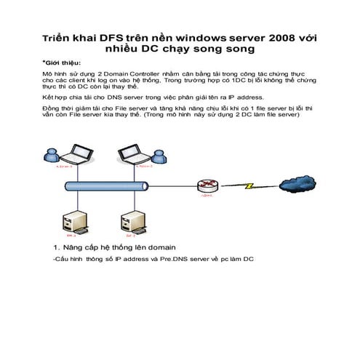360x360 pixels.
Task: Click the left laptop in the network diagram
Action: pos(76,154)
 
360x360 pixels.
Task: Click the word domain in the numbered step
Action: pos(161,247)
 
